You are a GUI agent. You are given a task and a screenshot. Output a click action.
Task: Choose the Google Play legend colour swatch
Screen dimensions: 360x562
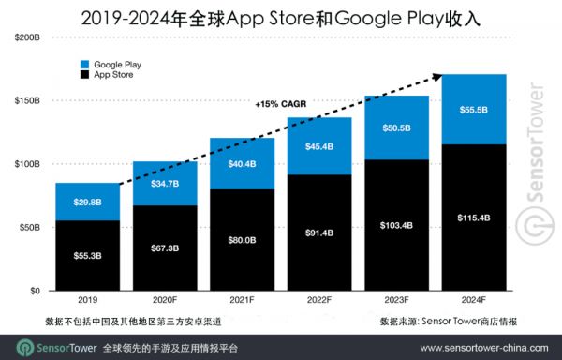click(85, 64)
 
